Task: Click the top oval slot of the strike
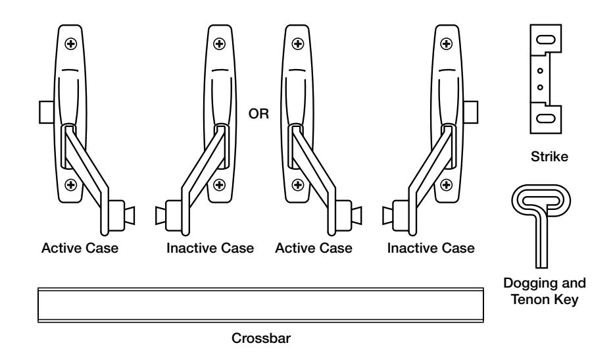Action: click(545, 39)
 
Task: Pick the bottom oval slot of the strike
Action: click(545, 119)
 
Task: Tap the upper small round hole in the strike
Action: click(539, 71)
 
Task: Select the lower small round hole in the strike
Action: click(539, 86)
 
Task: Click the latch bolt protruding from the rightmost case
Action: click(471, 113)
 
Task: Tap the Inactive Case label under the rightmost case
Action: click(431, 249)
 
